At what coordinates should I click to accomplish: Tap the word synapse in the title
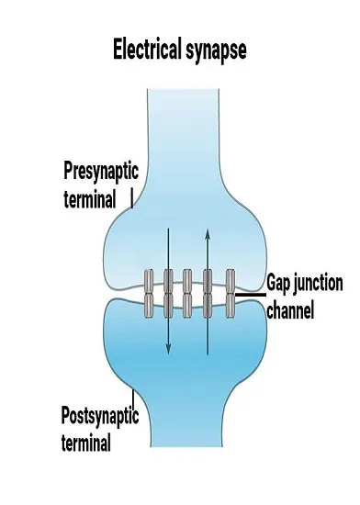[216, 51]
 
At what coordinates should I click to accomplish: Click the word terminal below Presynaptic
[89, 199]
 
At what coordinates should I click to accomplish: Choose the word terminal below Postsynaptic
[86, 443]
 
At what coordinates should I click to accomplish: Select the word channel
[290, 310]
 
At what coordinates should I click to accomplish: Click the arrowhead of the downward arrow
[168, 349]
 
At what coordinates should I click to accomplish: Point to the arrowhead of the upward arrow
[208, 234]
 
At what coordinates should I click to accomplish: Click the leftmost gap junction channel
[149, 294]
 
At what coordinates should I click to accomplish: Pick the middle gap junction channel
[187, 294]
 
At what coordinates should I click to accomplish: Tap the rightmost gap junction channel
[231, 294]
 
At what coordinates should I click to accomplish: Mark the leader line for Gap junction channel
[251, 295]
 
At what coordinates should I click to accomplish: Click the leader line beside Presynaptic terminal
[131, 198]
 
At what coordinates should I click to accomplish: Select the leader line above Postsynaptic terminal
[134, 399]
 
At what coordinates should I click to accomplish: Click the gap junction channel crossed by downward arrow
[168, 294]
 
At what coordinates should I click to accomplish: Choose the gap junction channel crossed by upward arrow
[208, 294]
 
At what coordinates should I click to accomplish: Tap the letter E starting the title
[118, 50]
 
